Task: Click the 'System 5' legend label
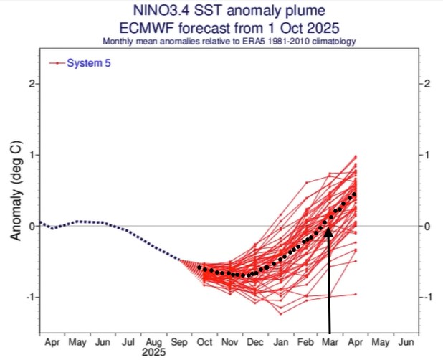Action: point(89,63)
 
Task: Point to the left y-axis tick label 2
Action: point(32,84)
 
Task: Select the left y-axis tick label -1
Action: point(29,297)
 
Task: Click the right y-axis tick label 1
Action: point(427,155)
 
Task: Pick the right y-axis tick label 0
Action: point(427,226)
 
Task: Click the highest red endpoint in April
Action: point(356,157)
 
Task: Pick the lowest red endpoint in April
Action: point(356,294)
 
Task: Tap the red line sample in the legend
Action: point(56,63)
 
